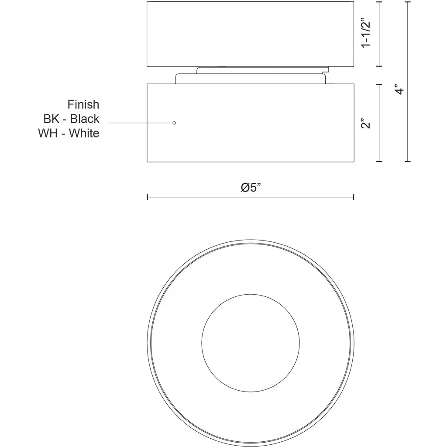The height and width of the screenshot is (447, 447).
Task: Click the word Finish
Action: [83, 105]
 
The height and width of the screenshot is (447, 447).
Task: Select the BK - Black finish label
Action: [71, 119]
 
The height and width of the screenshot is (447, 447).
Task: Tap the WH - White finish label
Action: [69, 133]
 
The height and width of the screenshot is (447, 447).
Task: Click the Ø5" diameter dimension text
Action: [251, 187]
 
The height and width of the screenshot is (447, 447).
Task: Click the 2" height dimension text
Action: [366, 123]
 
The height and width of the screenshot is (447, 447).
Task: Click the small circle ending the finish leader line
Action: [174, 123]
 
